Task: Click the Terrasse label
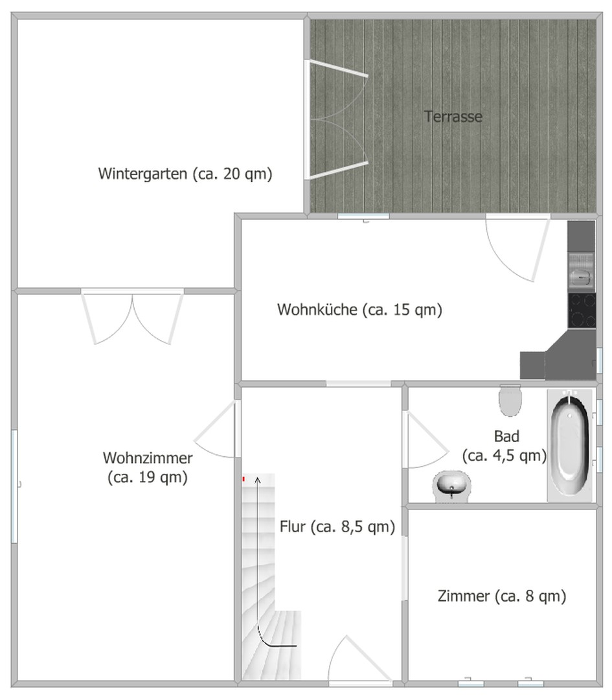click(x=453, y=117)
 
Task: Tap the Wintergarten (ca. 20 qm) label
click(x=185, y=174)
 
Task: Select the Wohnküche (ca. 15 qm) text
click(x=359, y=310)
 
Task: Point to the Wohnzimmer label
click(x=148, y=458)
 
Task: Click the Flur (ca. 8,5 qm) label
click(x=337, y=527)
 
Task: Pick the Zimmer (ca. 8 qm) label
click(x=502, y=596)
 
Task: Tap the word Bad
click(x=506, y=436)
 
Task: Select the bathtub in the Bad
click(x=570, y=445)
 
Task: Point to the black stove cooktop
click(x=582, y=310)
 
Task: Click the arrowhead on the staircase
click(x=258, y=480)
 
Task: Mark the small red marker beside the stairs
click(x=244, y=479)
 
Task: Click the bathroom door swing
click(x=424, y=441)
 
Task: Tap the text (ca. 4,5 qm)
click(x=504, y=456)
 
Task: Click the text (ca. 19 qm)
click(x=148, y=478)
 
